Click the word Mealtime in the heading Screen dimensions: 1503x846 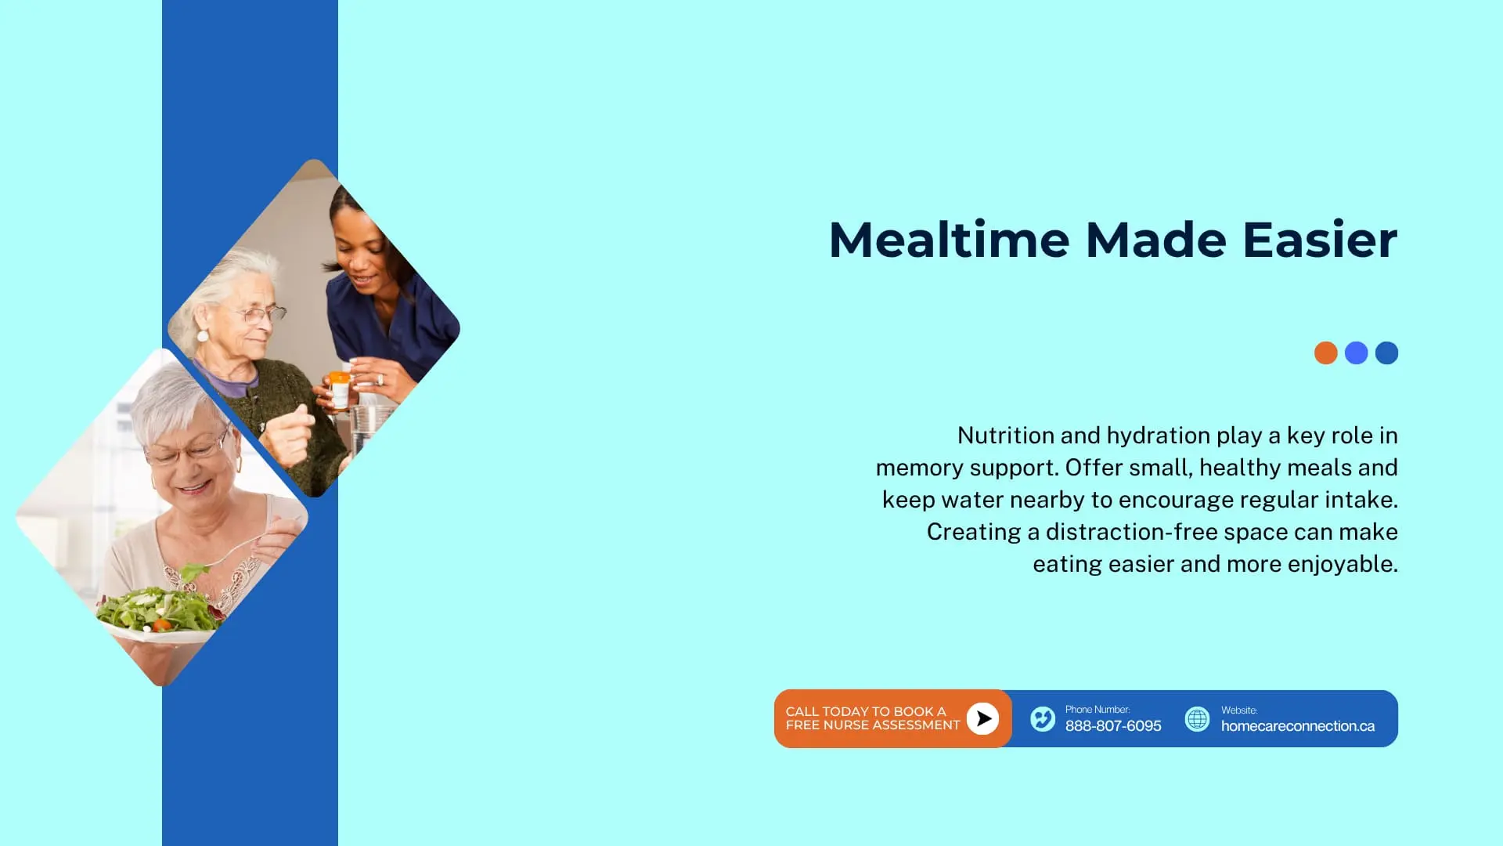tap(949, 239)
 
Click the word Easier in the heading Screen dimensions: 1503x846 tap(1320, 239)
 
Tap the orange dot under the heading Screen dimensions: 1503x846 tap(1325, 352)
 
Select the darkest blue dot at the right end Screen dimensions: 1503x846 tap(1386, 352)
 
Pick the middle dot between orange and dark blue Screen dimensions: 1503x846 tap(1356, 352)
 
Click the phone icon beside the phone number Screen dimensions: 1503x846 tap(1043, 718)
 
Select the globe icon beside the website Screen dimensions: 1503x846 tap(1197, 718)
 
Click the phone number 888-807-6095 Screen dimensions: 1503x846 tap(1113, 726)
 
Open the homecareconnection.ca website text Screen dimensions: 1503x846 tap(1298, 726)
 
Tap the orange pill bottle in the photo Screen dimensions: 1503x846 tap(340, 389)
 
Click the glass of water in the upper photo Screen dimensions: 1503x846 tap(365, 431)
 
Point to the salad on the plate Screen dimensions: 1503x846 tap(160, 608)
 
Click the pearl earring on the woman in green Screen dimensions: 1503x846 tap(203, 336)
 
